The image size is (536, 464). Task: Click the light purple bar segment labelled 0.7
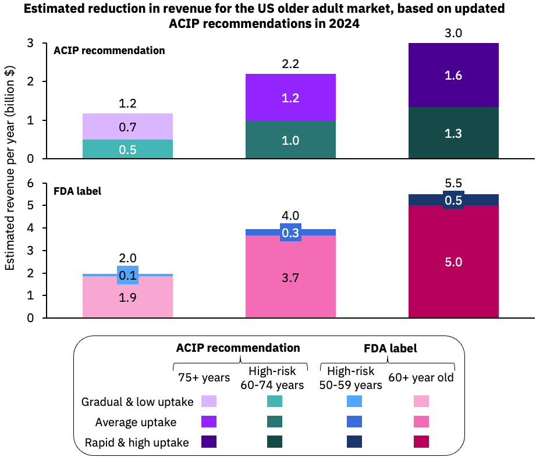click(127, 126)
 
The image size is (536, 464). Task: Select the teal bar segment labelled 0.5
click(127, 149)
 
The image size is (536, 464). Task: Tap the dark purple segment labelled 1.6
click(453, 75)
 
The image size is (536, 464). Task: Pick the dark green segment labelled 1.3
click(453, 133)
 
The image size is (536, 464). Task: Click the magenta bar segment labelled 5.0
click(453, 262)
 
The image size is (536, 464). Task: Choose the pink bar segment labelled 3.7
click(290, 277)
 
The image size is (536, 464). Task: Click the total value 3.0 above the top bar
click(453, 33)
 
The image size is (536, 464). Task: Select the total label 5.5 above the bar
click(453, 184)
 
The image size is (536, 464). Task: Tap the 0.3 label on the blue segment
click(290, 233)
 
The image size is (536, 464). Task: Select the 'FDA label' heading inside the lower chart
click(78, 191)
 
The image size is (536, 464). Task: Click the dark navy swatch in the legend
click(354, 442)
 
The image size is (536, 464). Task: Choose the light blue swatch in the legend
click(354, 401)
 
